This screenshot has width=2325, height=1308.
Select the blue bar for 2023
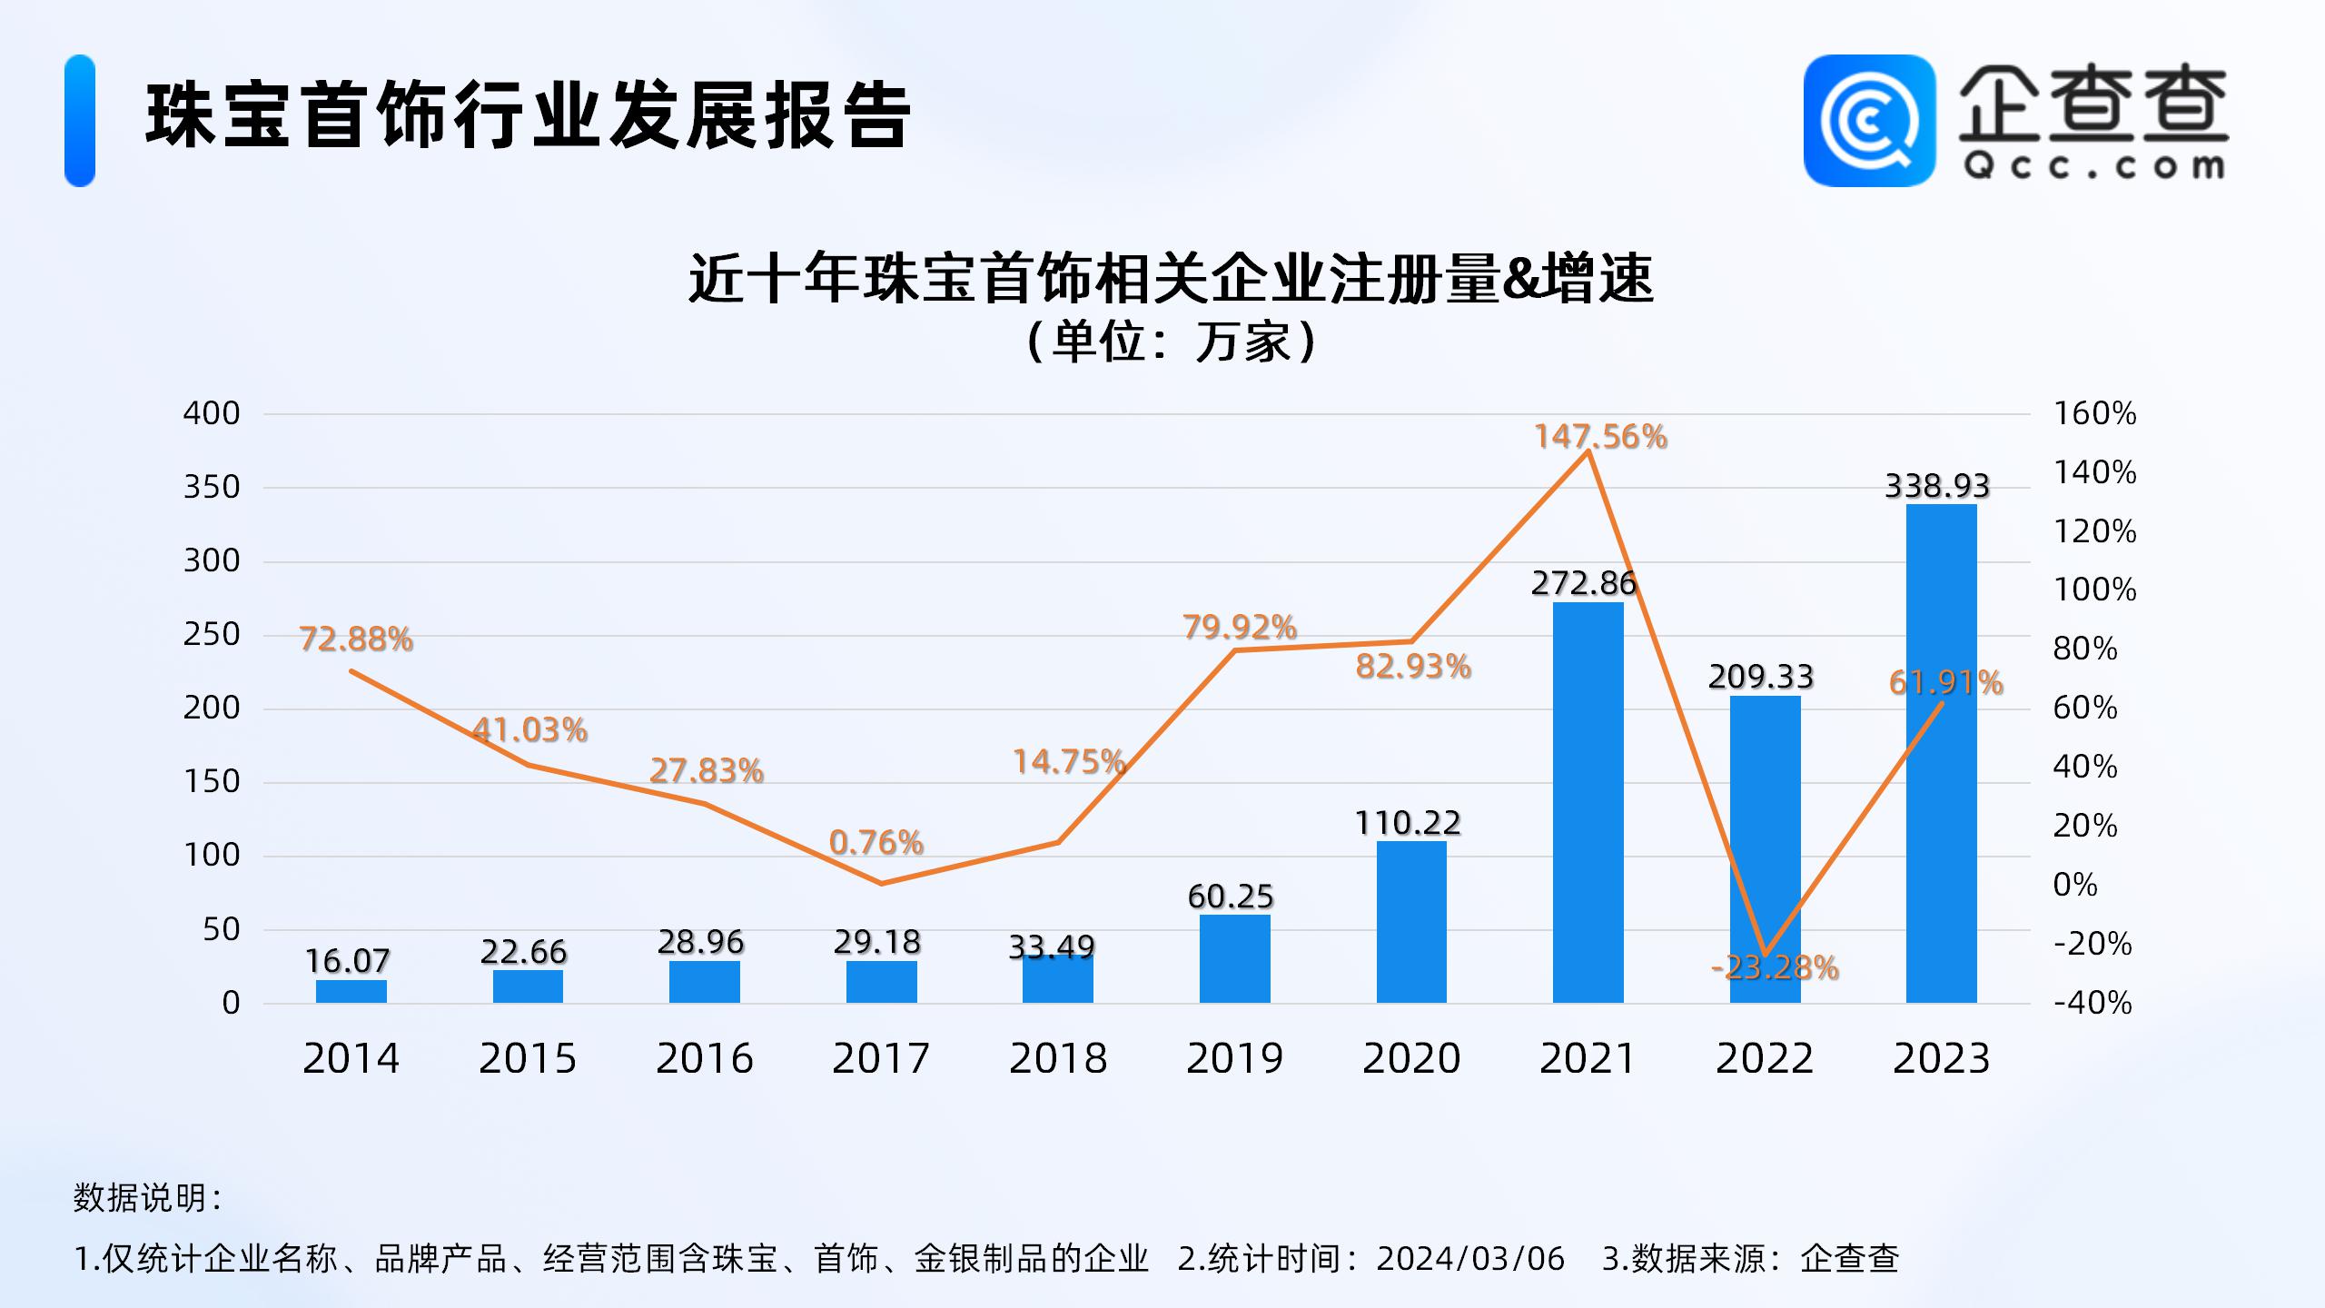pyautogui.click(x=1941, y=753)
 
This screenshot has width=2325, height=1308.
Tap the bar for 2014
pyautogui.click(x=351, y=991)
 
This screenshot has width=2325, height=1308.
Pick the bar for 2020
pyautogui.click(x=1411, y=921)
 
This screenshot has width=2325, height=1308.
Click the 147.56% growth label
pyautogui.click(x=1600, y=437)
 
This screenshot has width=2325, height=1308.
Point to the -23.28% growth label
pyautogui.click(x=1775, y=968)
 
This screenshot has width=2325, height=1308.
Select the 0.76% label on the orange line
pyautogui.click(x=876, y=843)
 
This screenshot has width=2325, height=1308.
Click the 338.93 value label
pyautogui.click(x=1937, y=486)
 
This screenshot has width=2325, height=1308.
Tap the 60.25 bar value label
pyautogui.click(x=1231, y=897)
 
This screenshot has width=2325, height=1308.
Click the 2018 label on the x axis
pyautogui.click(x=1058, y=1058)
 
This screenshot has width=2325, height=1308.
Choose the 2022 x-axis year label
pyautogui.click(x=1764, y=1058)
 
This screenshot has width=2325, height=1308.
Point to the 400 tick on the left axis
pyautogui.click(x=212, y=413)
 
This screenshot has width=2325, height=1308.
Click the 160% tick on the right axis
pyautogui.click(x=2095, y=413)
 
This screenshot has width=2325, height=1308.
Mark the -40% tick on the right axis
pyautogui.click(x=2092, y=1003)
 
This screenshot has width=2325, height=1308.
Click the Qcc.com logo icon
pyautogui.click(x=1869, y=121)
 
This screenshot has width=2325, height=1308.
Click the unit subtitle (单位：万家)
pyautogui.click(x=1171, y=342)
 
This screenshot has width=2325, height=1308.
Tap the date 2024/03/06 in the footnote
pyautogui.click(x=1470, y=1259)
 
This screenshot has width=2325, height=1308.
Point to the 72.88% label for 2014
pyautogui.click(x=356, y=639)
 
